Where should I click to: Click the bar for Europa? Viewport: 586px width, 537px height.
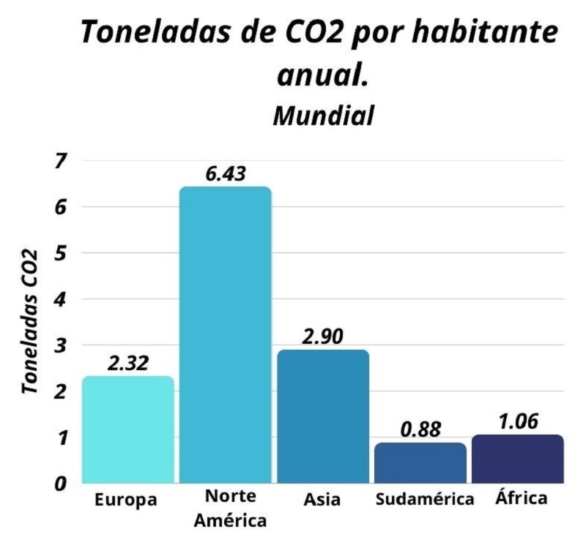pyautogui.click(x=127, y=430)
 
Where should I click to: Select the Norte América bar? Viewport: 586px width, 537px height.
pyautogui.click(x=225, y=335)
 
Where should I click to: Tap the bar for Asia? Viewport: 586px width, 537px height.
pyautogui.click(x=322, y=416)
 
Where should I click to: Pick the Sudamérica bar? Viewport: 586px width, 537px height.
pyautogui.click(x=420, y=462)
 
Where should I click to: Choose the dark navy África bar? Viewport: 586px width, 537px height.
pyautogui.click(x=517, y=459)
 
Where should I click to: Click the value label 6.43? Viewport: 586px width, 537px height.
pyautogui.click(x=226, y=173)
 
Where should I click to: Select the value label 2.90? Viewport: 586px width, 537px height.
pyautogui.click(x=322, y=337)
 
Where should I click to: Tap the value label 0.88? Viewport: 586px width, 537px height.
pyautogui.click(x=420, y=429)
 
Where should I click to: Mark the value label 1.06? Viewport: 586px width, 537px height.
pyautogui.click(x=517, y=421)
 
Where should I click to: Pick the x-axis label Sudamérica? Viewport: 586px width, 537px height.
pyautogui.click(x=424, y=500)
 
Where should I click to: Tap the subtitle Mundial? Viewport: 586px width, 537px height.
pyautogui.click(x=324, y=115)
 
